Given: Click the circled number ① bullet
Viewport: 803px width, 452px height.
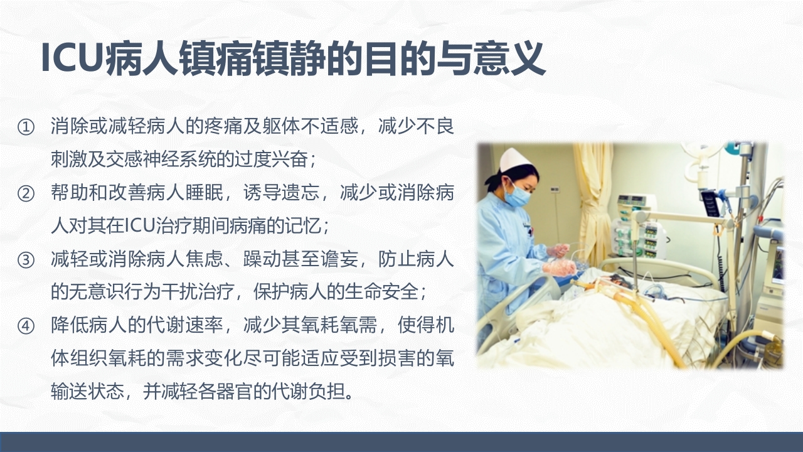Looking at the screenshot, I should coord(26,127).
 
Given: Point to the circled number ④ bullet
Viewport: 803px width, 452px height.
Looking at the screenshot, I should coord(26,326).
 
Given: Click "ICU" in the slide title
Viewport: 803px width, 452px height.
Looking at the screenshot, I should coord(71,60).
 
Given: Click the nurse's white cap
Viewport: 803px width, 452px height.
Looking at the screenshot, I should coord(515,160).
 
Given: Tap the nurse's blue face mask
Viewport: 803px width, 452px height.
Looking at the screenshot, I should coord(519,196).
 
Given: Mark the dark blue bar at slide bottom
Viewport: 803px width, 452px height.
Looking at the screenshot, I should coord(401,442).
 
